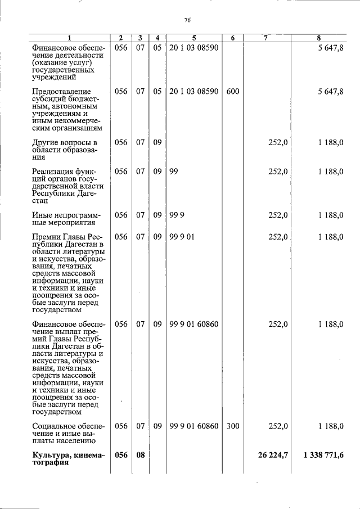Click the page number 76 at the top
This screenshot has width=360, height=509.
coord(188,20)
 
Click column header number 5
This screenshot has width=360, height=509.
coord(193,38)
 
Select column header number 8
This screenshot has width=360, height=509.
coord(318,38)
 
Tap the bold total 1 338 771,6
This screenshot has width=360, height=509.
coord(323,455)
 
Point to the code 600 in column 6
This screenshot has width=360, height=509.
coord(232,91)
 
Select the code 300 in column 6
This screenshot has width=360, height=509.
coord(232,426)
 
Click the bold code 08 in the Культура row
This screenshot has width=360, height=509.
coord(140,455)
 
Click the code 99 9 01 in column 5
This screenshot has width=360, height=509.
coord(182,237)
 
